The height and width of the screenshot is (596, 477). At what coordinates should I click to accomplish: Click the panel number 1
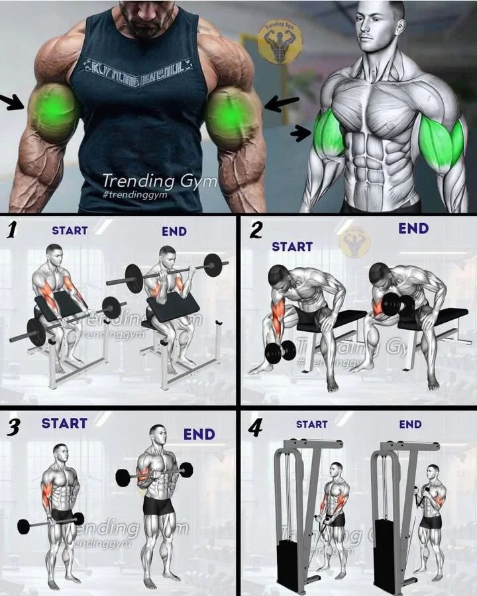coord(11,230)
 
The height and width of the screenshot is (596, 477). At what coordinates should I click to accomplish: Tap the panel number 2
coord(256,230)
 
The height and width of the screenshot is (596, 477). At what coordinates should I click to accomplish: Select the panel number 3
coord(12,427)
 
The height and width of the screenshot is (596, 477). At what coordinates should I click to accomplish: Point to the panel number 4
coord(255,427)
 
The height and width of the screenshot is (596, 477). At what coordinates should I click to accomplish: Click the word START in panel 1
coord(70,230)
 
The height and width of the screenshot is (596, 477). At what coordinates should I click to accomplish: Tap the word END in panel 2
coord(413,228)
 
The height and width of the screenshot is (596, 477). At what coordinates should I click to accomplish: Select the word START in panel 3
coord(64,423)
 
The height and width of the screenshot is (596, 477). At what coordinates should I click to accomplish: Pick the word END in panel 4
coord(410,424)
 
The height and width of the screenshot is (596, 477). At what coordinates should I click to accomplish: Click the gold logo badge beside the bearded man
coord(280,41)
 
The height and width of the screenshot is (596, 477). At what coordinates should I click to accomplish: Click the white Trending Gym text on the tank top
coord(159,181)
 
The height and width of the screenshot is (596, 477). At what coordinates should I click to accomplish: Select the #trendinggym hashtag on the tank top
coord(136,195)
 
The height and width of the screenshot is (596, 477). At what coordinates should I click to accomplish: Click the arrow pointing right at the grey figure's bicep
coord(301,133)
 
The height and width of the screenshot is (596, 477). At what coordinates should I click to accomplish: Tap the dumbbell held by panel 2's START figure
coord(280,351)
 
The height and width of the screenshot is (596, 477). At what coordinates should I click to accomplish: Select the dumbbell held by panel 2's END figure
coord(397,306)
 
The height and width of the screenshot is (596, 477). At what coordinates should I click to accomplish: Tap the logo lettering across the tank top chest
coord(140,66)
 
